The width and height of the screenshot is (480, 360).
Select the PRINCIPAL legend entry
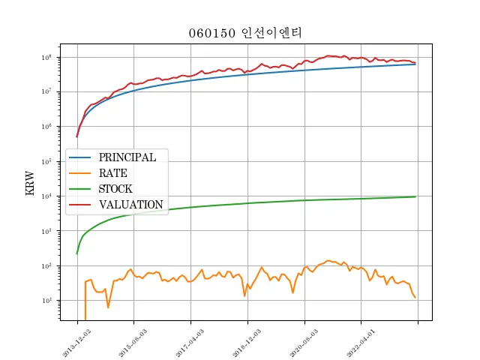click(127, 157)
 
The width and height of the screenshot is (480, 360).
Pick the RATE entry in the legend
click(112, 173)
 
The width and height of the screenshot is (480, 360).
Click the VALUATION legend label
click(130, 204)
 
